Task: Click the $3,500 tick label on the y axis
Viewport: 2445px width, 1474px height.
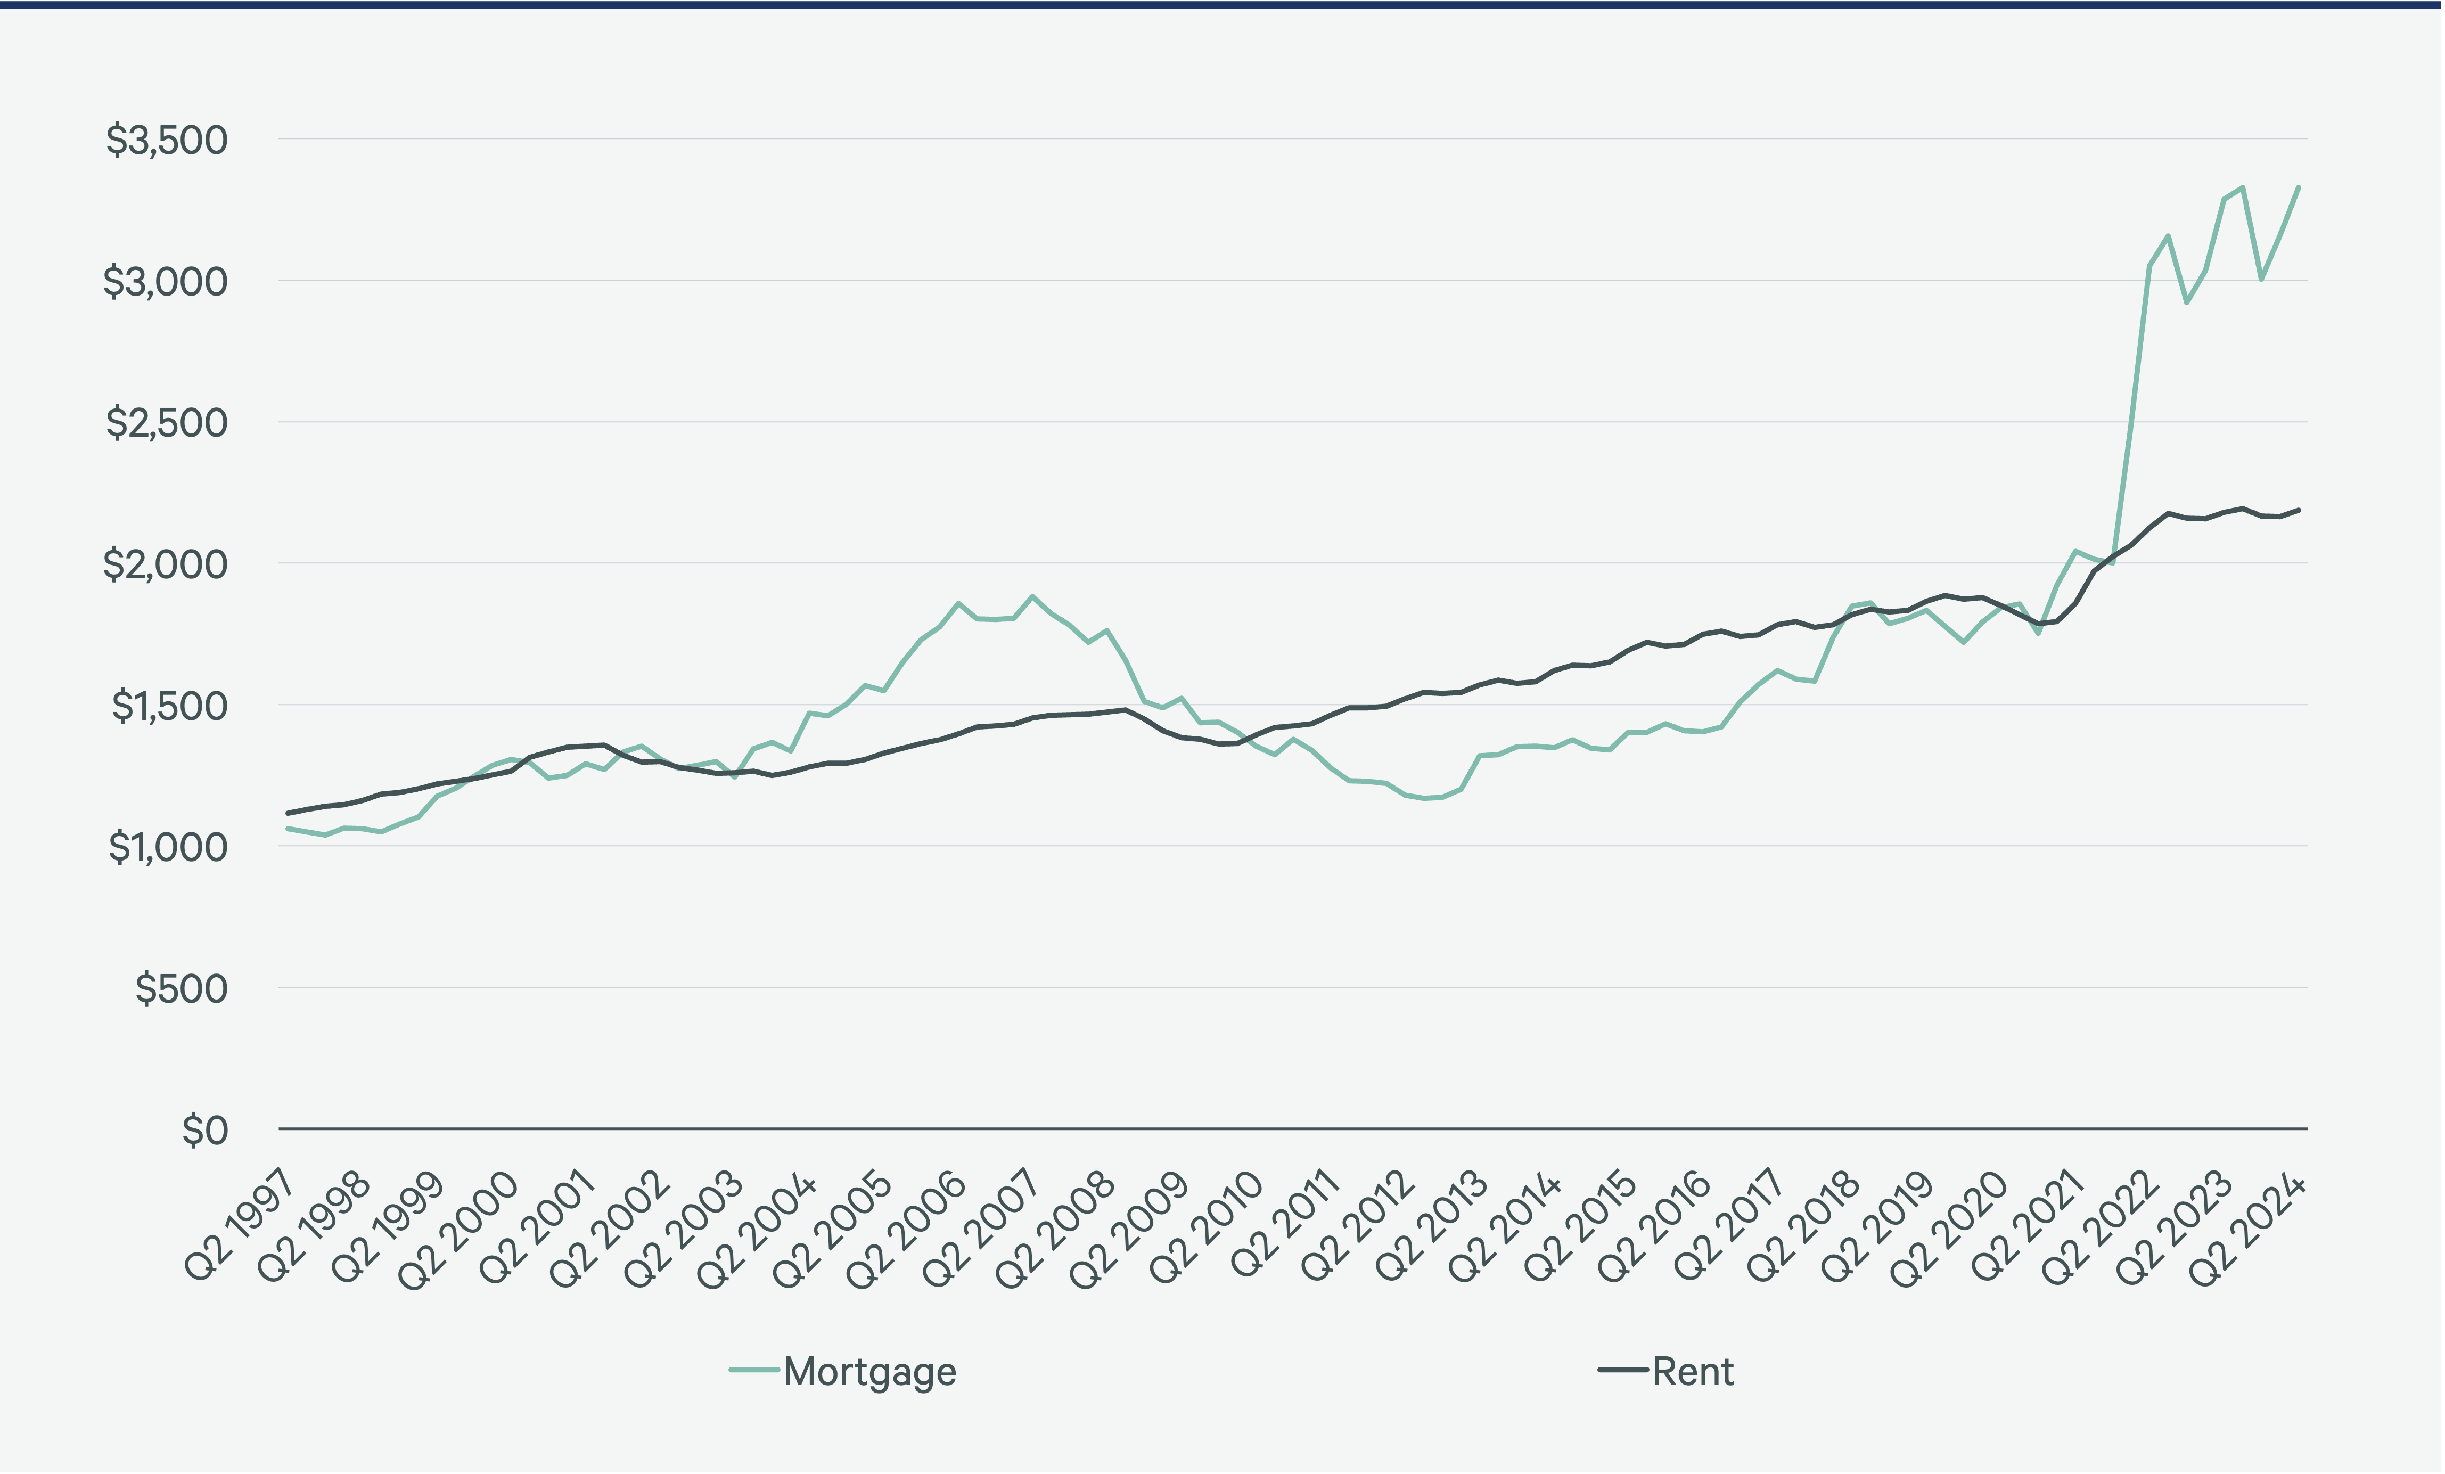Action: (167, 140)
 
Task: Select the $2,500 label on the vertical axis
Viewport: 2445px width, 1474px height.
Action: (167, 423)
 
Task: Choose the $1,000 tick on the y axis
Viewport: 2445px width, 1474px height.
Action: (168, 848)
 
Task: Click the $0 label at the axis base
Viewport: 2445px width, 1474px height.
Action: (204, 1131)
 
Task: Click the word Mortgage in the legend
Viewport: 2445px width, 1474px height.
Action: (869, 1372)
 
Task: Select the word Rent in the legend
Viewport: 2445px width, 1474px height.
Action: (1693, 1372)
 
